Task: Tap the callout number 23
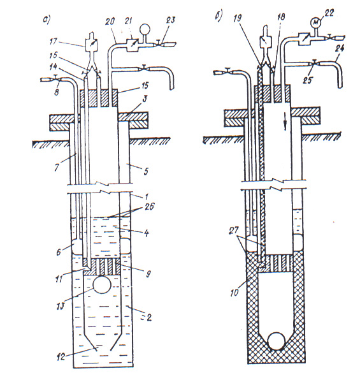click(x=170, y=20)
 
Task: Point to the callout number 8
click(x=56, y=92)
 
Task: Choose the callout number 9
click(x=148, y=274)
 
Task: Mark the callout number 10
click(x=234, y=292)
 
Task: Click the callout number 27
click(x=233, y=230)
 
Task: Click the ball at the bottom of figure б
click(x=276, y=341)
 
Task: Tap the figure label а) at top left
click(x=46, y=20)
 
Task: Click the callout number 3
click(x=145, y=100)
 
